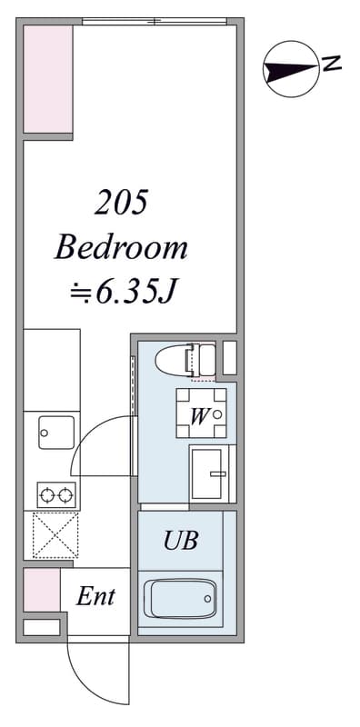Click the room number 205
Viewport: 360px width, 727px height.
[121, 203]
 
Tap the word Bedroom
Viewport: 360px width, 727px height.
[121, 248]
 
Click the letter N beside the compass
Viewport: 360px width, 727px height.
[331, 64]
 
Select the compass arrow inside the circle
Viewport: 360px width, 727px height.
[290, 70]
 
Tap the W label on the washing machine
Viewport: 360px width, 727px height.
[198, 417]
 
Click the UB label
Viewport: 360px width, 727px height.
[181, 540]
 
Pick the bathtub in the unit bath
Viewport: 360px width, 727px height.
[180, 599]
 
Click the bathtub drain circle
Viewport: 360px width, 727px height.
[206, 599]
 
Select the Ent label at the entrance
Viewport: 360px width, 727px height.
[95, 596]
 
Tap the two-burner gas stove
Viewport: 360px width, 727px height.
[56, 495]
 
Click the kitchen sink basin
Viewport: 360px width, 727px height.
[56, 433]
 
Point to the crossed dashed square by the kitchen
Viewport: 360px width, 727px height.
[55, 534]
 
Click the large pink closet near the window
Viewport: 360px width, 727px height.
[48, 79]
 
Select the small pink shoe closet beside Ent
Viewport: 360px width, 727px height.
[42, 590]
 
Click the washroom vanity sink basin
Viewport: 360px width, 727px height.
[207, 473]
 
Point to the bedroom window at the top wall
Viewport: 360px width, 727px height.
[155, 21]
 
